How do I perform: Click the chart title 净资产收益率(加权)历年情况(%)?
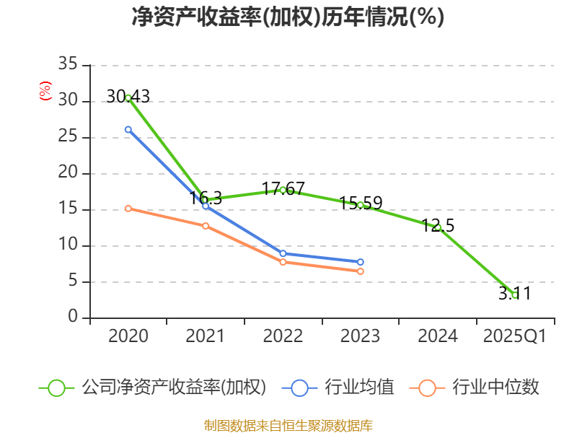(x=288, y=17)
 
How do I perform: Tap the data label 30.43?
(x=128, y=96)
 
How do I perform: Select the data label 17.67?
(x=283, y=189)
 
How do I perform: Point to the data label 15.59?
(x=361, y=204)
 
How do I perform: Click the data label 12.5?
(x=438, y=226)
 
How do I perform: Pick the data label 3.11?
(x=514, y=294)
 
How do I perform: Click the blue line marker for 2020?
(x=128, y=129)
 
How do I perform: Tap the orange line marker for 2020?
(x=128, y=209)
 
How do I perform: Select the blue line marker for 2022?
(x=283, y=253)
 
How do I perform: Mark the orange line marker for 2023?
(x=361, y=271)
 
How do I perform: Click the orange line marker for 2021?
(x=206, y=226)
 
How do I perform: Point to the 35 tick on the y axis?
(x=68, y=65)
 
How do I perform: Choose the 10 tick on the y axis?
(x=68, y=245)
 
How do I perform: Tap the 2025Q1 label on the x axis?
(x=515, y=336)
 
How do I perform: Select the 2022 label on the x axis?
(x=283, y=336)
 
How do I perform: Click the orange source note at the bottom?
(x=288, y=425)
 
